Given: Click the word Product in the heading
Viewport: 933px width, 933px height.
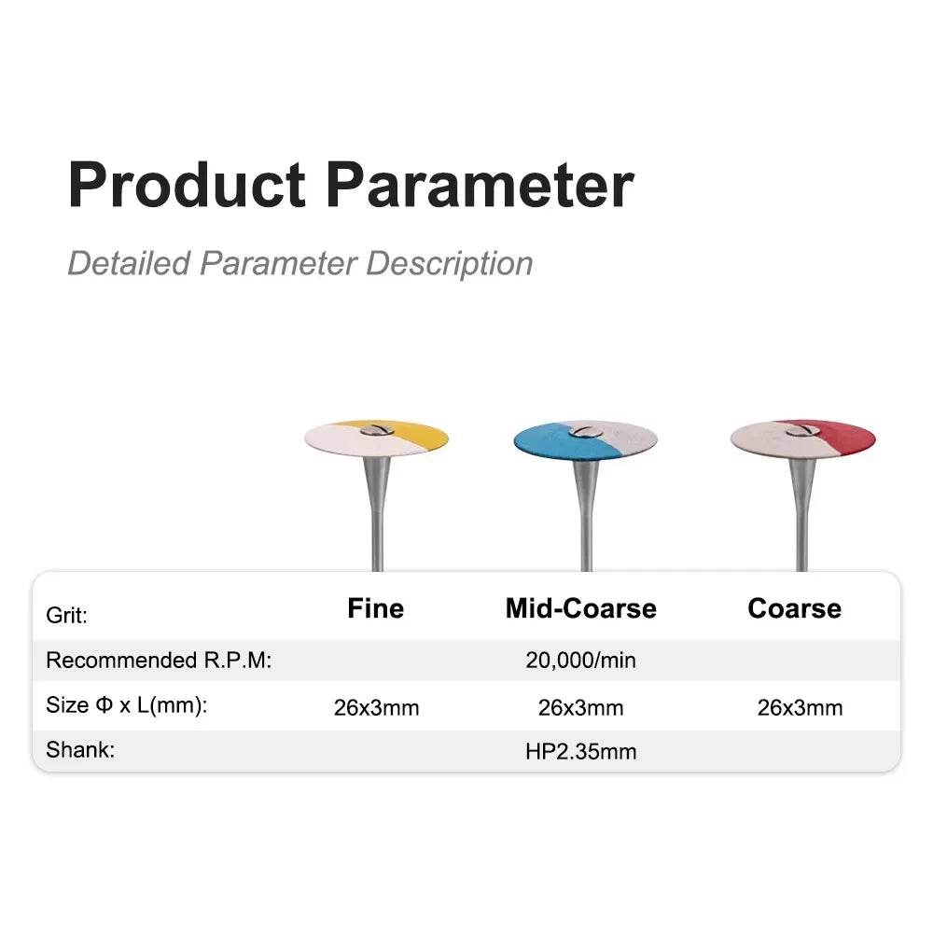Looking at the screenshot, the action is tap(187, 185).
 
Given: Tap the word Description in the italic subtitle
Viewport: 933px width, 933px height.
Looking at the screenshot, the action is tap(450, 264).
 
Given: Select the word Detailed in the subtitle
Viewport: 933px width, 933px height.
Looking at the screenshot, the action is tap(129, 263).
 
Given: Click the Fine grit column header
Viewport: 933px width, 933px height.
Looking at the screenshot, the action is tap(375, 608).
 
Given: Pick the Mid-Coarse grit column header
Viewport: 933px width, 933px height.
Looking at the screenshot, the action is tap(580, 608).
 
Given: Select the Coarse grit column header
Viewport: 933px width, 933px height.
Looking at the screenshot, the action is tap(794, 608).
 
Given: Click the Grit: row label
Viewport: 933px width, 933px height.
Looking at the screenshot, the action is tap(66, 615).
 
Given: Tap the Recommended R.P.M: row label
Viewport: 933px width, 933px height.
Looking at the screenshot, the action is tap(159, 660).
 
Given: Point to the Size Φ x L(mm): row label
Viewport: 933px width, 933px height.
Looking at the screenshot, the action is tap(127, 705).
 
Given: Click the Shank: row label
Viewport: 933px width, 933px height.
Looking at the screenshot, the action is tap(80, 750).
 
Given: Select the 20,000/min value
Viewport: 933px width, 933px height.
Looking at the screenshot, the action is tap(580, 661).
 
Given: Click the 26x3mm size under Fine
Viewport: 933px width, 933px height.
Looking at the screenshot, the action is tap(377, 707).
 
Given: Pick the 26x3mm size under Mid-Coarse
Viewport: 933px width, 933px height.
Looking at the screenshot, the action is tap(580, 707).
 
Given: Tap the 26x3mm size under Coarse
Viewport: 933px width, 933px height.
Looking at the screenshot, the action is tap(801, 707).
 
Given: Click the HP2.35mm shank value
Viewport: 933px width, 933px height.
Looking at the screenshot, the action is tap(580, 751).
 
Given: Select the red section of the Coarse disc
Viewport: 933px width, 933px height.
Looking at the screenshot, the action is tap(845, 438).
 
